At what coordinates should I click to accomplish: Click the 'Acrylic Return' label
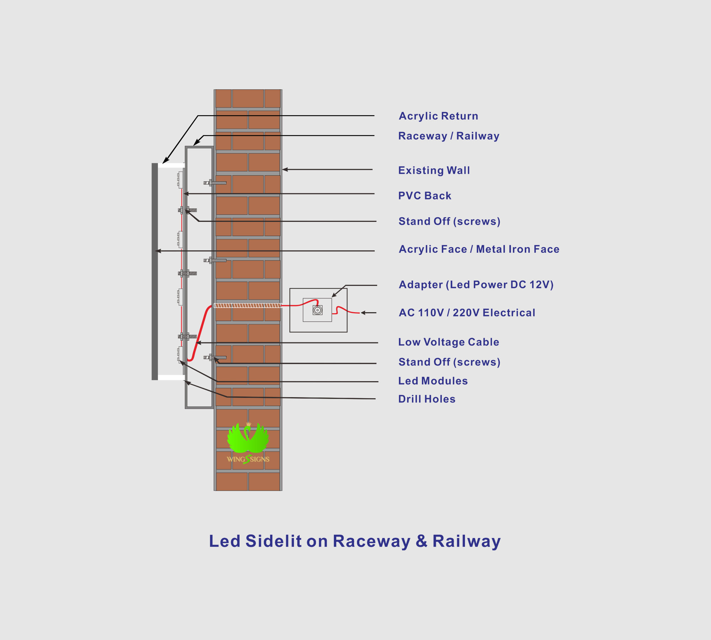coord(438,116)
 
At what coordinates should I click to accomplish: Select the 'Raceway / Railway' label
coord(449,136)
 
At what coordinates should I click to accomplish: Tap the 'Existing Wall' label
coord(434,170)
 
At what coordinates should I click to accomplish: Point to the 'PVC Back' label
coord(425,196)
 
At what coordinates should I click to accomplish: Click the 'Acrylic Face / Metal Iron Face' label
coord(479,249)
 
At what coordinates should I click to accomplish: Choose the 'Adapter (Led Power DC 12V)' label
coord(476,285)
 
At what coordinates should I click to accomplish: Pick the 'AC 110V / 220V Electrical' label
coord(467,313)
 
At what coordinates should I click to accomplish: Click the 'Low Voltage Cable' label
coord(449,342)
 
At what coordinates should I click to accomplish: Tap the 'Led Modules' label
coord(433,381)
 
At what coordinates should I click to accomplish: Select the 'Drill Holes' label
coord(427,399)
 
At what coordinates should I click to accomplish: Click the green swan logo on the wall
coord(248,438)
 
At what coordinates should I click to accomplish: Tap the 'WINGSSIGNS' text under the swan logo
coord(248,459)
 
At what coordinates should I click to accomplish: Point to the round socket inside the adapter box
coord(317,310)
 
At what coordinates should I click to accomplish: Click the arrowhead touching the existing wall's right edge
coord(285,170)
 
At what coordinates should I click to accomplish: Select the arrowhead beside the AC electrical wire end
coord(363,313)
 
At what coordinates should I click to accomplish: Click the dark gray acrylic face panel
coord(155,272)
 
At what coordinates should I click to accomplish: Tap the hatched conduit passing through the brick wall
coord(248,305)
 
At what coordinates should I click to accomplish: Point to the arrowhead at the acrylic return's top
coord(166,161)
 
